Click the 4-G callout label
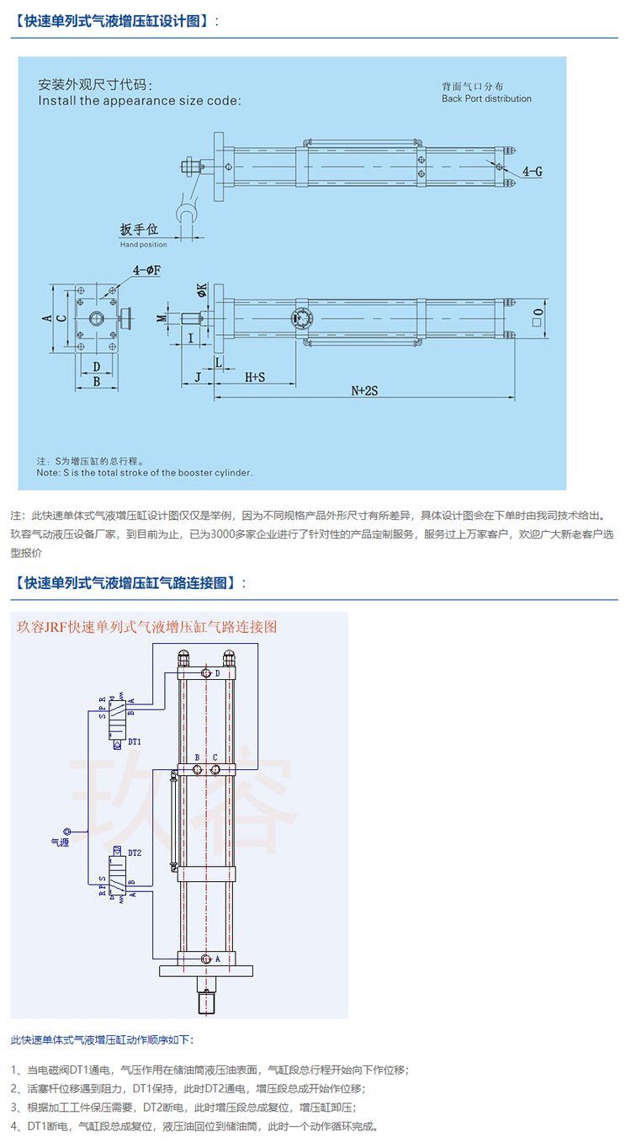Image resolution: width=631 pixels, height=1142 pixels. (532, 171)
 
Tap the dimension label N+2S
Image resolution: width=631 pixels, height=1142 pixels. (364, 390)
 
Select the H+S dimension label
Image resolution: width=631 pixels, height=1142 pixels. (255, 378)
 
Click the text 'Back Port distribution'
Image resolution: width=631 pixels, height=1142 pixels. (486, 98)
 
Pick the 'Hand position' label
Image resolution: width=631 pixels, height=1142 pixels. (143, 244)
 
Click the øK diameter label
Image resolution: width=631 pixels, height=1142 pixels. (202, 289)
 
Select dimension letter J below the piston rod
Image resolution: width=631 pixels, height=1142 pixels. (198, 378)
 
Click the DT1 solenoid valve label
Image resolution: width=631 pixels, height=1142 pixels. (135, 741)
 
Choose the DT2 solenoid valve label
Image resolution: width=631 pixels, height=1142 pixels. (135, 853)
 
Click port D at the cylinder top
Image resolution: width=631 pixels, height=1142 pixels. (207, 674)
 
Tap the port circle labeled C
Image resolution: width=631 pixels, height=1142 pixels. (215, 769)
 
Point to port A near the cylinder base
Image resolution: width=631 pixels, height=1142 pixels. (206, 959)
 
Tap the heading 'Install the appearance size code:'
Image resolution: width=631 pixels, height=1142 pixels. (140, 100)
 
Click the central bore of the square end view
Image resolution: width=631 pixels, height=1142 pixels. (97, 319)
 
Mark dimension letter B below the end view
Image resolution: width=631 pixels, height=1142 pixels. (97, 381)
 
